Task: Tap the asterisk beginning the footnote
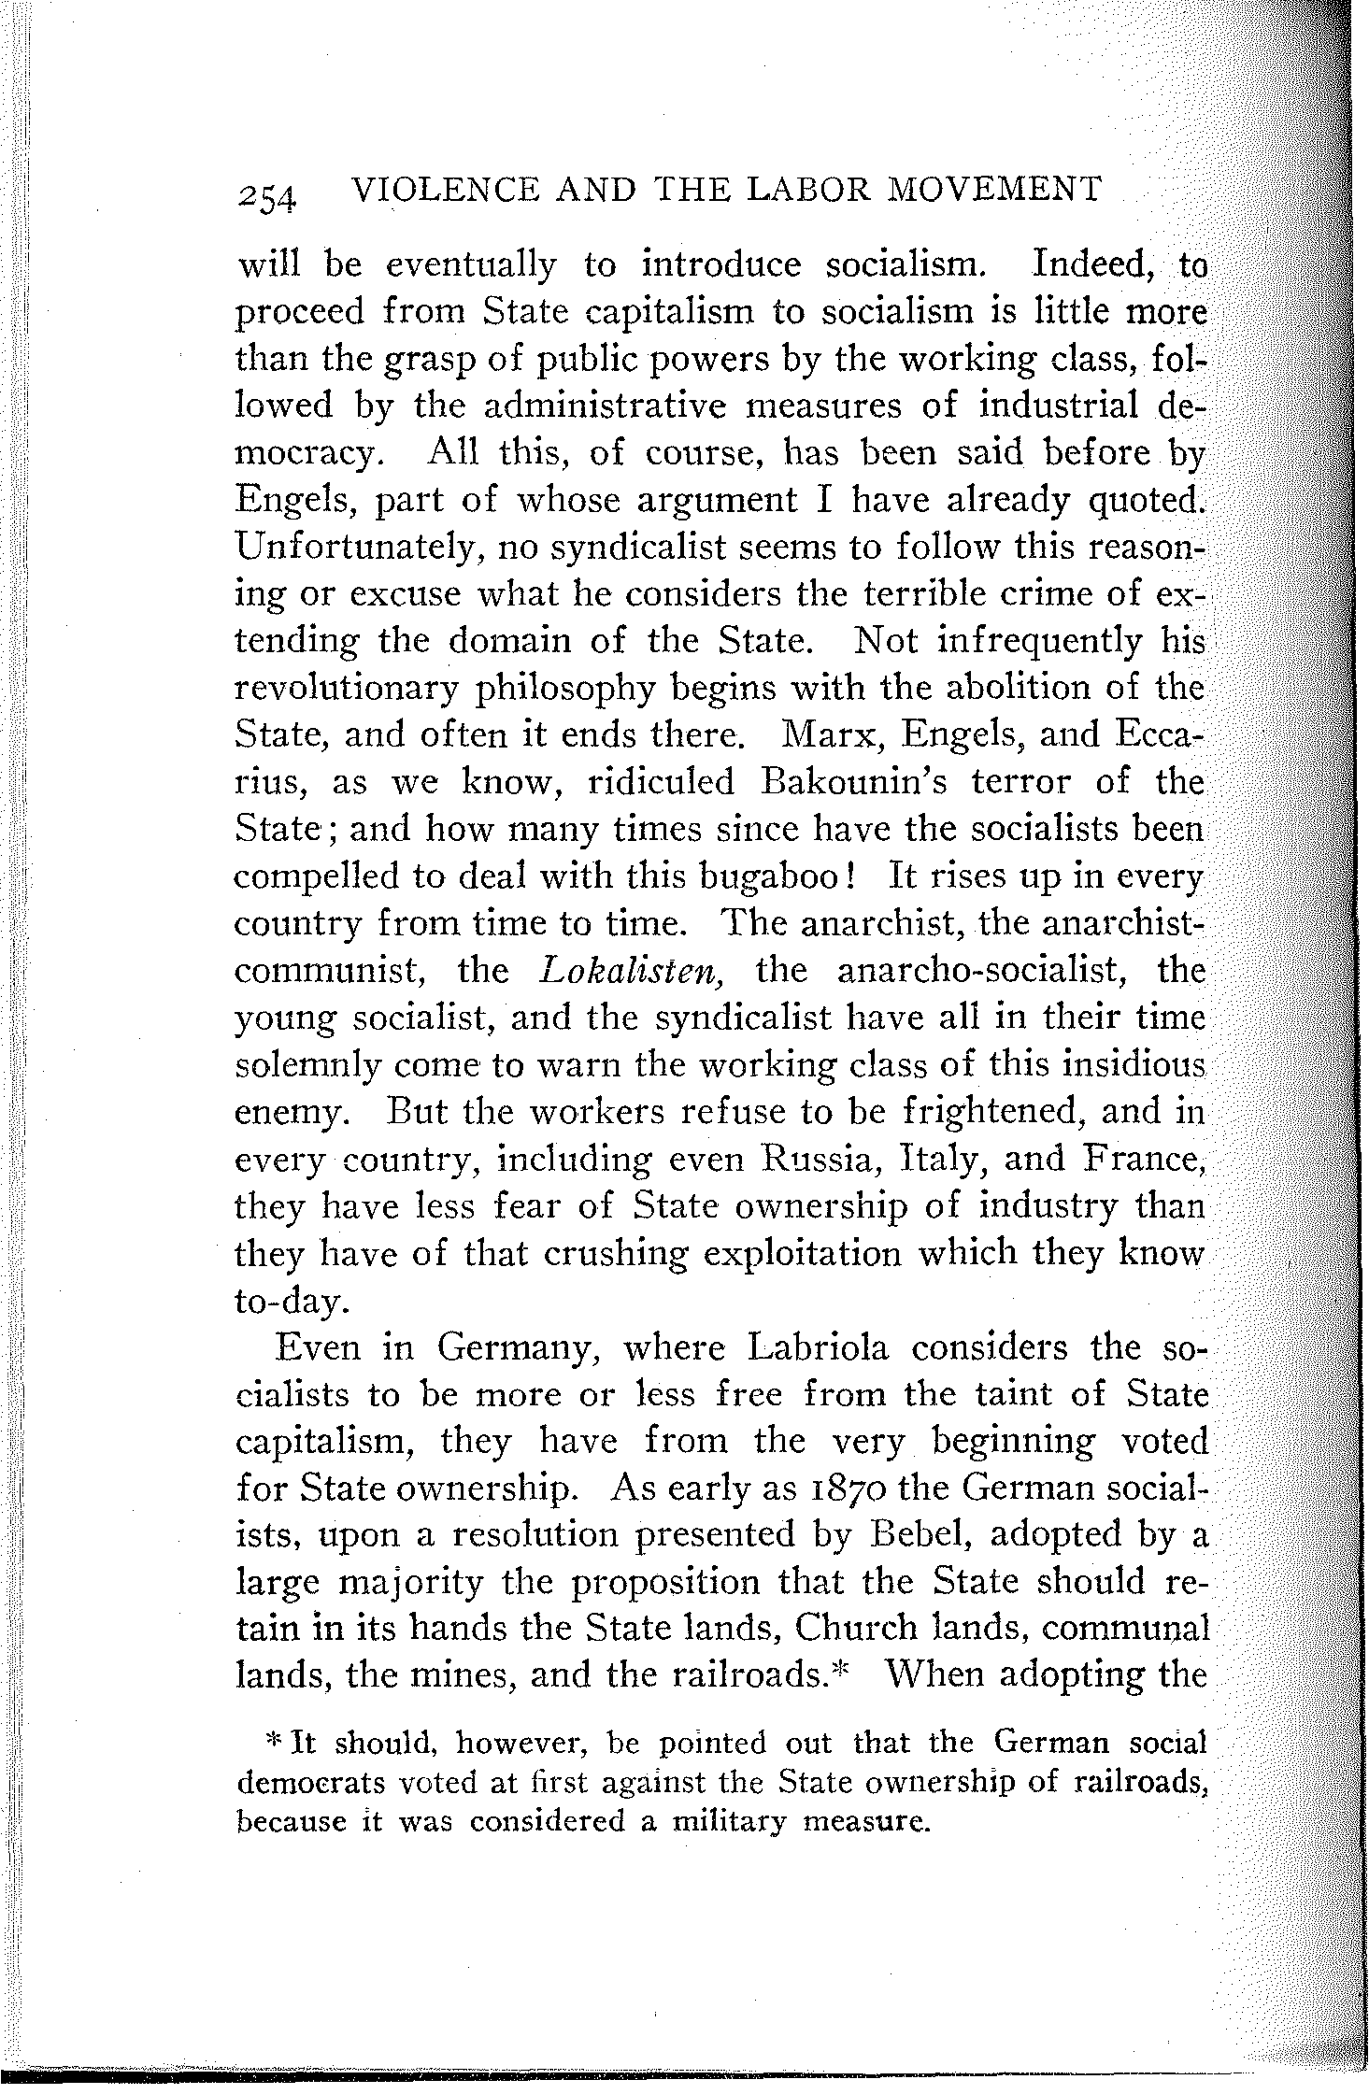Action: tap(273, 1740)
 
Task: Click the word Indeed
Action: tap(1093, 265)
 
